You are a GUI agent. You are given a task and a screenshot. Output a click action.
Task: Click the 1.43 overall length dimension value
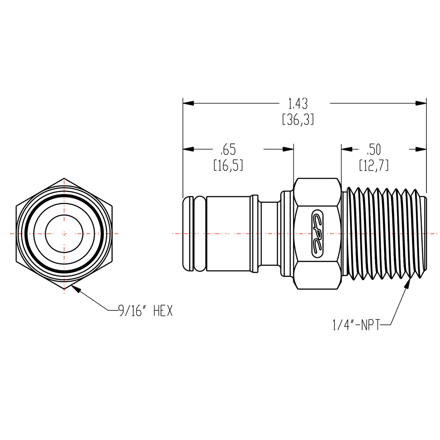point(297,104)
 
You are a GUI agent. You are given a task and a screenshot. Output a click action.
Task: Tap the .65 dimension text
point(228,150)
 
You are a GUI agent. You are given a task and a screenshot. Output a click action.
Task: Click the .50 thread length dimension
point(373,150)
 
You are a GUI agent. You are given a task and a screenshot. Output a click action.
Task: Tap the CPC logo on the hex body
point(317,233)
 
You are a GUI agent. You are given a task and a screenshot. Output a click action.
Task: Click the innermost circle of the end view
point(64,233)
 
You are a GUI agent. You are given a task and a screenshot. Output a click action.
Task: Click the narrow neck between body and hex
point(268,233)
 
